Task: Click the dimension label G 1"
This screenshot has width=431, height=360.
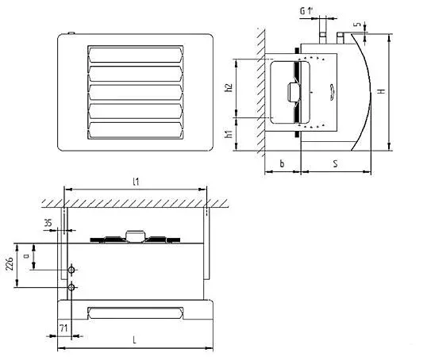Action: coord(306,11)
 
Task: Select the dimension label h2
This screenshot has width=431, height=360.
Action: coord(229,87)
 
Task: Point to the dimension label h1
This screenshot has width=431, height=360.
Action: coord(229,134)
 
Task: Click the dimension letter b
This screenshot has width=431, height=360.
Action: coord(282,163)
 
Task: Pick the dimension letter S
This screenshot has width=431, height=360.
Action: coord(335,163)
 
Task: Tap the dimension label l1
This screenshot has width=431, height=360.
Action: coord(136,182)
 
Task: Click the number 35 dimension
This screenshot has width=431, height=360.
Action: coord(48,223)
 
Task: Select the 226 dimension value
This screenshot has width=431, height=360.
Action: coord(10,264)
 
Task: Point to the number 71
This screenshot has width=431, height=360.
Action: coord(63,327)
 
